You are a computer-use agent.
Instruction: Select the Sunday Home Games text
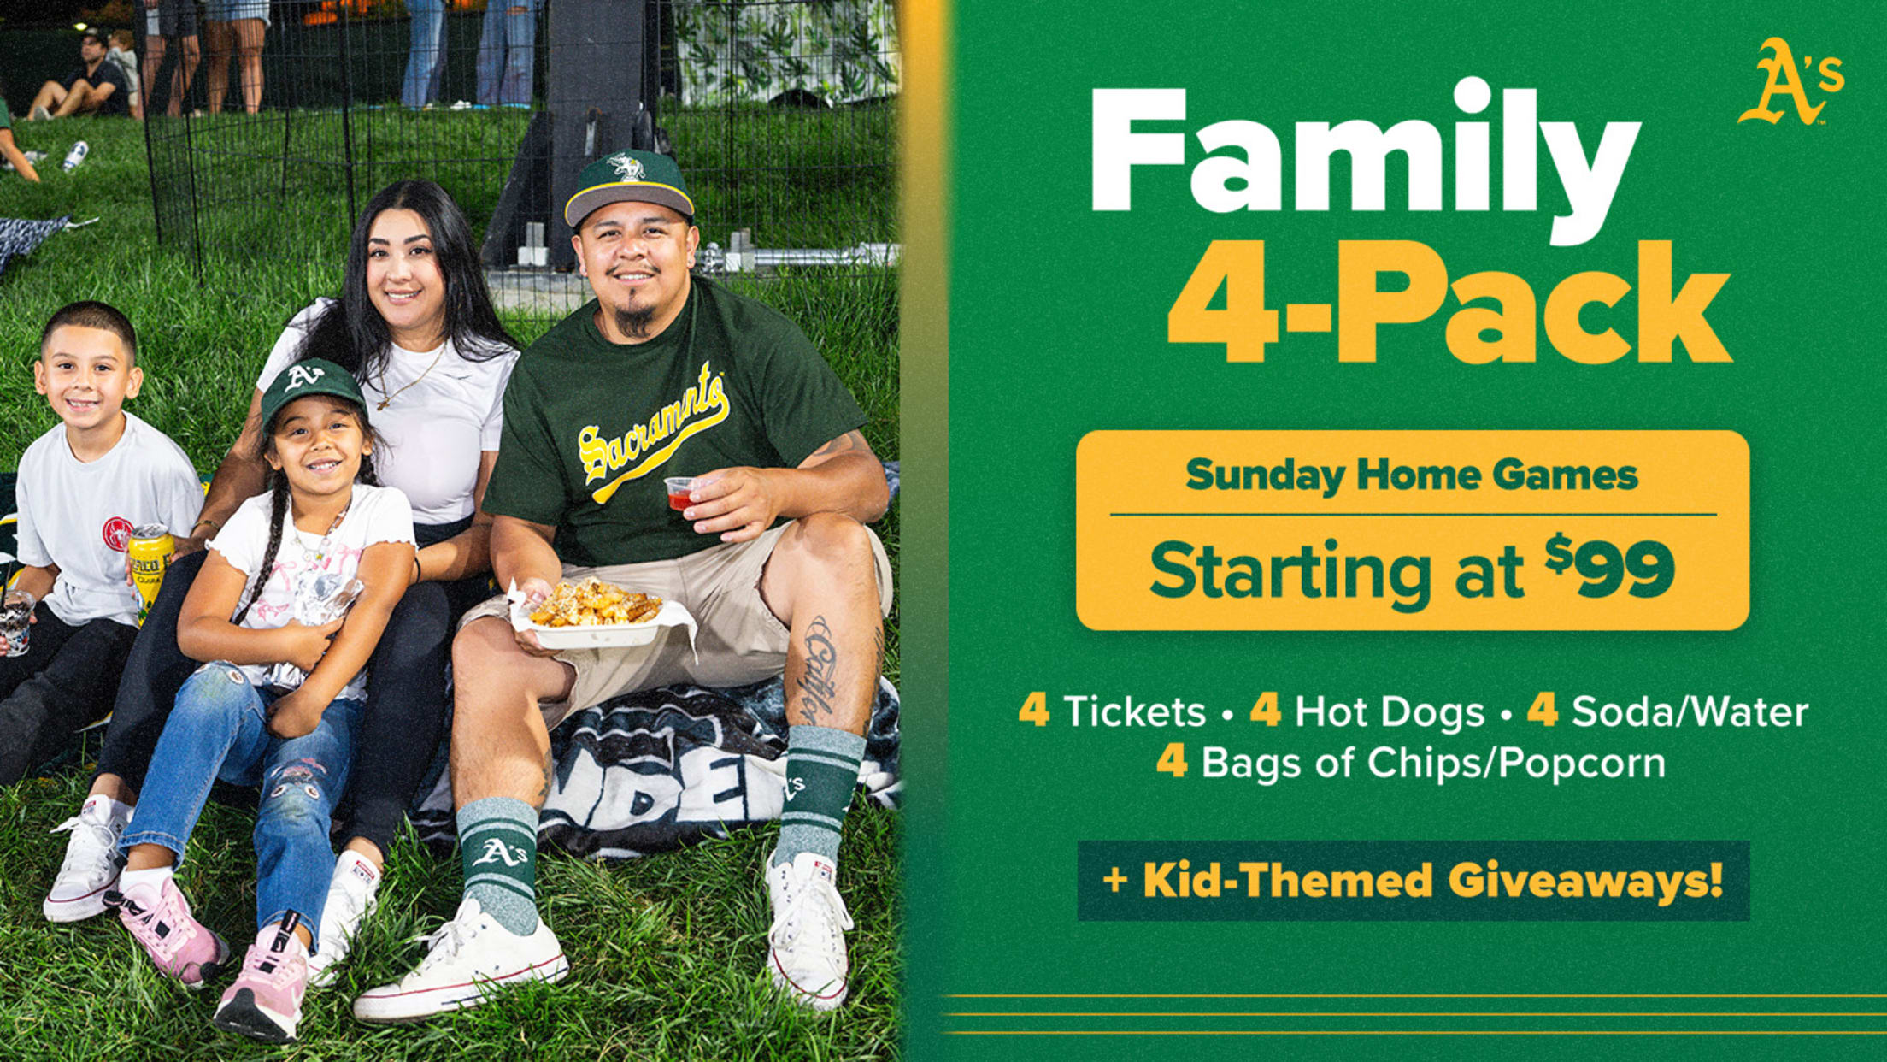pyautogui.click(x=1412, y=475)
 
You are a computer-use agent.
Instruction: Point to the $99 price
pyautogui.click(x=1609, y=568)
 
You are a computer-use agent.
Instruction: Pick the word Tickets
pyautogui.click(x=1135, y=712)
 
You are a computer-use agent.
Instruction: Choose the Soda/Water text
pyautogui.click(x=1690, y=712)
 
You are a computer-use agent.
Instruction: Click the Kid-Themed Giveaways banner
pyautogui.click(x=1413, y=881)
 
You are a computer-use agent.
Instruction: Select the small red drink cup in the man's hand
pyautogui.click(x=682, y=493)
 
